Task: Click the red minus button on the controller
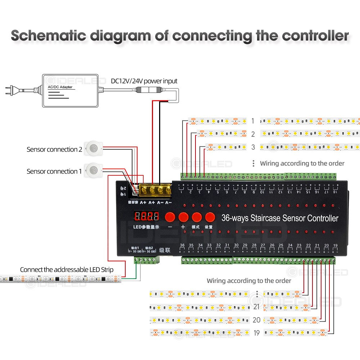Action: tap(170, 217)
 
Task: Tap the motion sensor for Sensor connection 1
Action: tap(94, 170)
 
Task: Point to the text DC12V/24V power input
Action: tap(144, 81)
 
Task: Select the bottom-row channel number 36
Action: tap(182, 245)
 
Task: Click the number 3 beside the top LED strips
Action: tap(253, 147)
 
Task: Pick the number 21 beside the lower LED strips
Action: tap(256, 307)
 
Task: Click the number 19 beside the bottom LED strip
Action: tap(256, 333)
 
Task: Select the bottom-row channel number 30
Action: tap(236, 245)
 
